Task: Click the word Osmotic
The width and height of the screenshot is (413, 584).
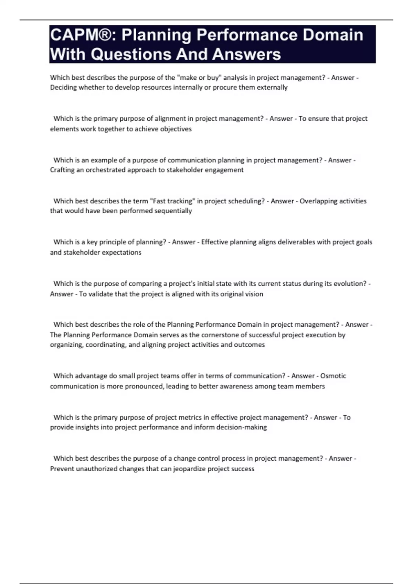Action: pyautogui.click(x=333, y=376)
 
